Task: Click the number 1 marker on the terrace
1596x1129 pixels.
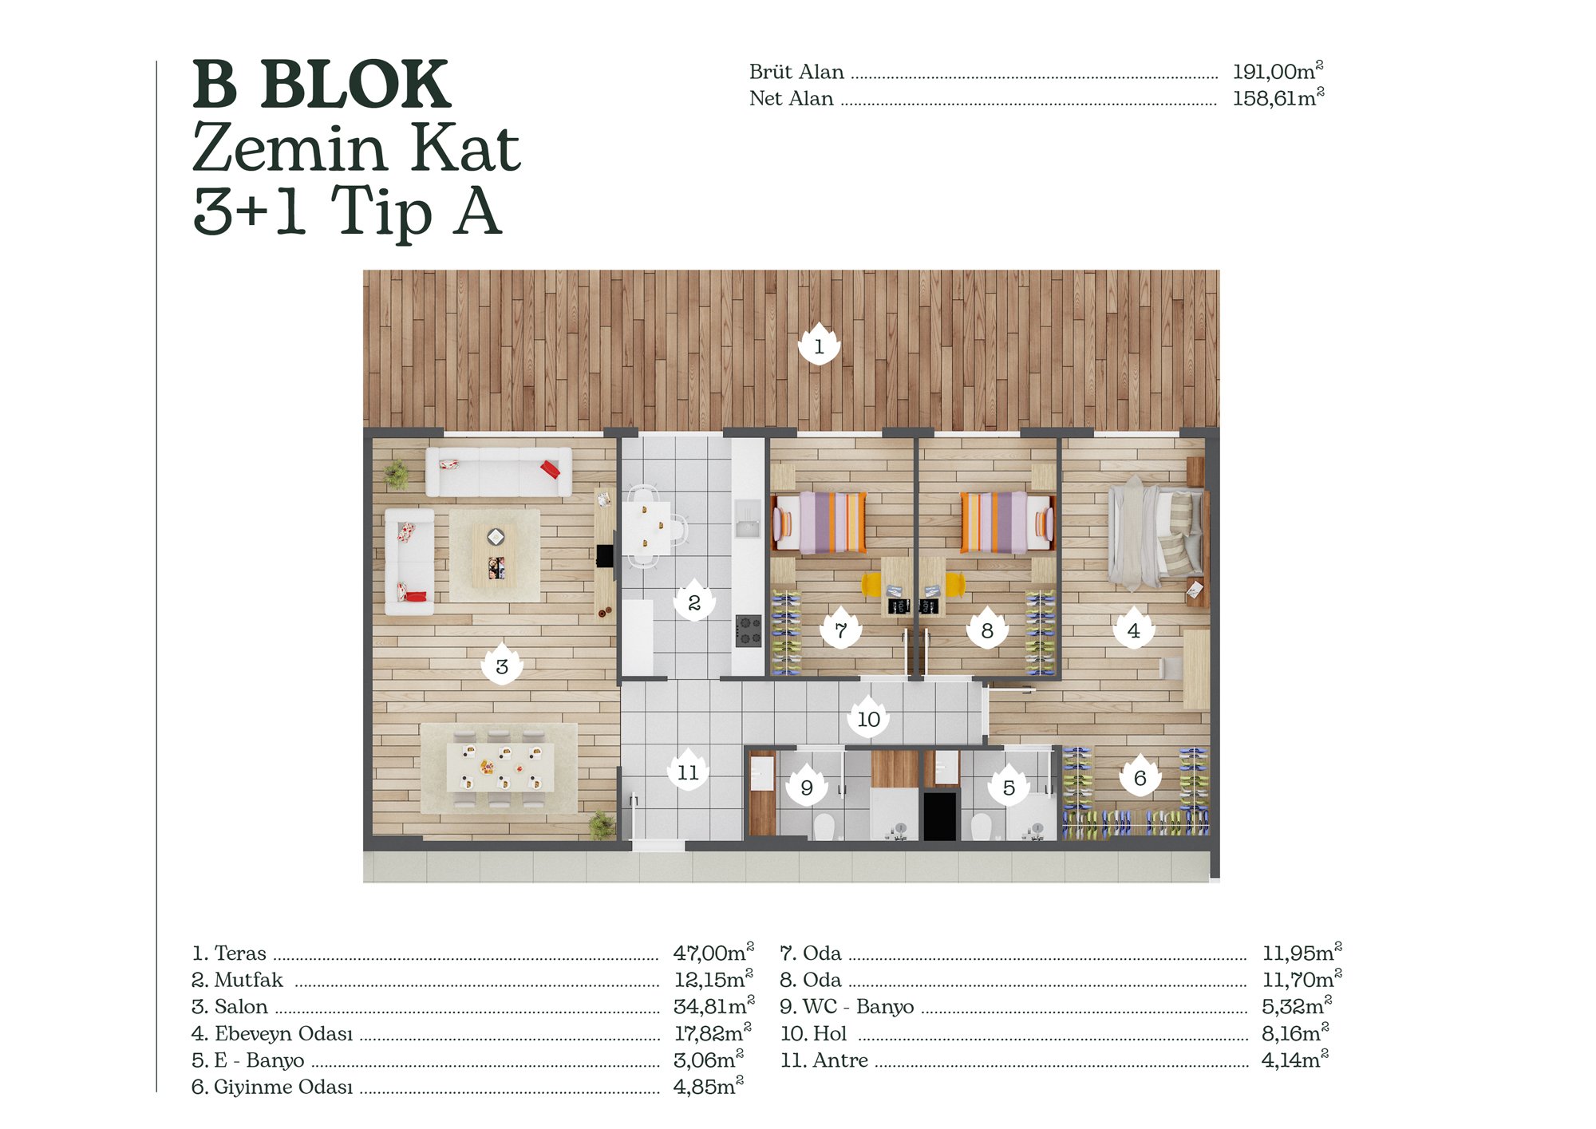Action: tap(819, 345)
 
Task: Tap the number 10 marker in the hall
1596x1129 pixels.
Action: tap(868, 717)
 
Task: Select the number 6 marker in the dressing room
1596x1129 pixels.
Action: tap(1140, 776)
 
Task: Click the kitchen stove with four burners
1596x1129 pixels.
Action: tap(749, 630)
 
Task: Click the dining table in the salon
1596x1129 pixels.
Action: tap(500, 767)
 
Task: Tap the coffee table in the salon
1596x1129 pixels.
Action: tap(495, 555)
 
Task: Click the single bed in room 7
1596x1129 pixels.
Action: tap(818, 523)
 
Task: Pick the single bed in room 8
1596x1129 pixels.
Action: tap(1007, 523)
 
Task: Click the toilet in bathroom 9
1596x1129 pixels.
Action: tap(824, 827)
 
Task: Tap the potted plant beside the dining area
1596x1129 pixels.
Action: tap(602, 823)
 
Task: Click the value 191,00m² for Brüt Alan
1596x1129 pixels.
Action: tap(1278, 71)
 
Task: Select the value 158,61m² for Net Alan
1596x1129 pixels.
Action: tap(1278, 98)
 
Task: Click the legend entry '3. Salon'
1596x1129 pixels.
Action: tap(230, 1006)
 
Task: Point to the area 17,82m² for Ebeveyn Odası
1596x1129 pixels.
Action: tap(713, 1032)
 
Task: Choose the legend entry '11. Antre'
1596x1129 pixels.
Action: tap(824, 1060)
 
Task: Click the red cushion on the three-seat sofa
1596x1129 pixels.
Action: tap(550, 468)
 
